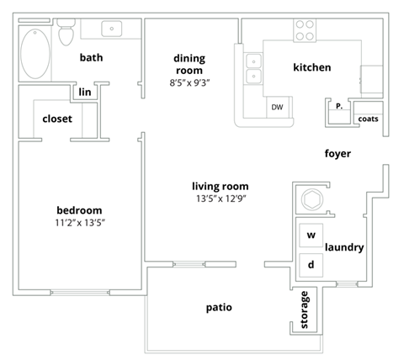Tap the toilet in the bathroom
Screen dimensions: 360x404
point(67,34)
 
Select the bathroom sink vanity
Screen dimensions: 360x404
point(113,29)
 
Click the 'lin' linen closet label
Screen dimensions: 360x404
point(85,92)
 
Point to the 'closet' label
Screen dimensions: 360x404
point(57,119)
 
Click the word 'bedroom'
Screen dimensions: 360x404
point(79,209)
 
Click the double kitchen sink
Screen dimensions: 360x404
point(252,69)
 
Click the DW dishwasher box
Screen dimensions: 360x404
point(276,108)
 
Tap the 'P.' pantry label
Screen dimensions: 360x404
point(338,107)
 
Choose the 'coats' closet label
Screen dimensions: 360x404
point(368,119)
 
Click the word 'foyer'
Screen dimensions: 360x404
point(337,154)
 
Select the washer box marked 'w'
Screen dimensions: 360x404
point(311,235)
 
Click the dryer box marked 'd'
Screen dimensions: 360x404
point(311,264)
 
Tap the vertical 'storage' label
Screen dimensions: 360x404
point(305,310)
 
